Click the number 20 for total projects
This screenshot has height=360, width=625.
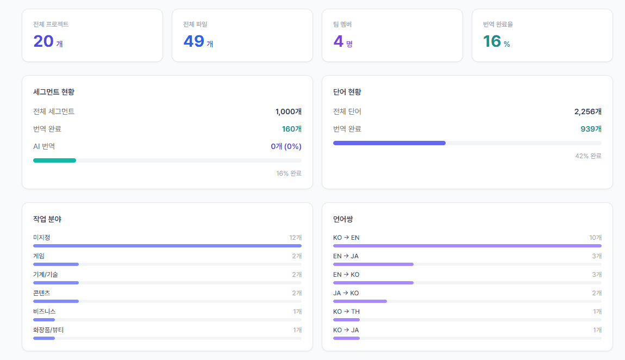pos(43,41)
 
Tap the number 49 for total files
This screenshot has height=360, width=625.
pos(193,41)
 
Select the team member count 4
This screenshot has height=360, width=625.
pos(339,41)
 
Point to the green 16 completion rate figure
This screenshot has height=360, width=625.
pos(492,41)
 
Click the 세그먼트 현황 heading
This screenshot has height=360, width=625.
pos(54,92)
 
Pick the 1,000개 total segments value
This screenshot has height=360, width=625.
pos(288,111)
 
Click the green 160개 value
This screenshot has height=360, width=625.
pos(292,129)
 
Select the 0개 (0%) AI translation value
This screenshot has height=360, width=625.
pos(286,146)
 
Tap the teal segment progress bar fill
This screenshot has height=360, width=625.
pos(54,160)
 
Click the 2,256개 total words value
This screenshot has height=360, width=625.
pos(588,111)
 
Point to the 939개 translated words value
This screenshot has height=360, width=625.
pos(591,129)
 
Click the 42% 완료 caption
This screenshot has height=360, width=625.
pos(589,156)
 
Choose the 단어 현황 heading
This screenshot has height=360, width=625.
pos(347,92)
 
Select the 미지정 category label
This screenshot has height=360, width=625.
pos(41,238)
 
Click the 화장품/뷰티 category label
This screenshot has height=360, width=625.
pos(48,330)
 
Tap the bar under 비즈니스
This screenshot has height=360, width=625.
pos(44,320)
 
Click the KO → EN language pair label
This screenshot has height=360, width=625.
pos(346,238)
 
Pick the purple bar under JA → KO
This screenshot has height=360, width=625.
pos(360,301)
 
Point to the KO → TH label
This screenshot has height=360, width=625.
pos(346,312)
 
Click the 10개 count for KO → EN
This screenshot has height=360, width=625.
pos(596,238)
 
